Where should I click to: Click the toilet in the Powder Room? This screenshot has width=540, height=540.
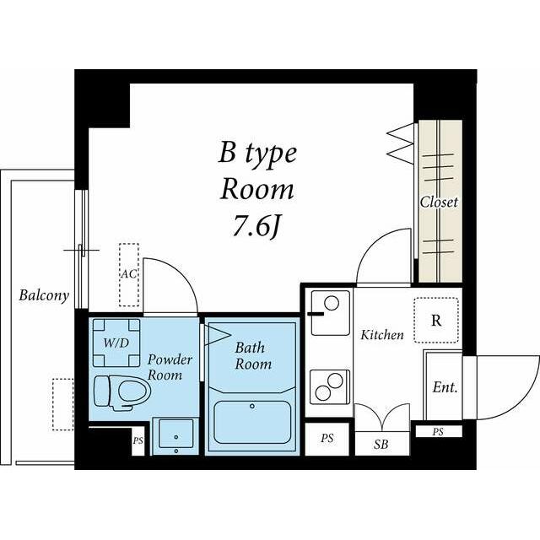pyautogui.click(x=122, y=392)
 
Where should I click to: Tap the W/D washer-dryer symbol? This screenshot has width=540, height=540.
pyautogui.click(x=116, y=343)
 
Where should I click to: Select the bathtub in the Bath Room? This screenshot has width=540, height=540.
pyautogui.click(x=252, y=422)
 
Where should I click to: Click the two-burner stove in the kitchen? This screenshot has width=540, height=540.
pyautogui.click(x=330, y=386)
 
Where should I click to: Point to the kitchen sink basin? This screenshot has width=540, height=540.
pyautogui.click(x=330, y=313)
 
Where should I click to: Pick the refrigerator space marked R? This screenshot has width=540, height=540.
pyautogui.click(x=436, y=321)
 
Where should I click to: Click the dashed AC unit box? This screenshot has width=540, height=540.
pyautogui.click(x=129, y=275)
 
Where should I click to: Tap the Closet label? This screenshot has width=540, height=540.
pyautogui.click(x=439, y=202)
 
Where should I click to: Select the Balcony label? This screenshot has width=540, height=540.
pyautogui.click(x=44, y=295)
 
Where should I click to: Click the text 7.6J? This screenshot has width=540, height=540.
pyautogui.click(x=256, y=226)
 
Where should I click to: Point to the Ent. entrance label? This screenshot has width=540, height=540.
pyautogui.click(x=445, y=387)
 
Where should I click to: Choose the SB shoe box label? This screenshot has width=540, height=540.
pyautogui.click(x=381, y=445)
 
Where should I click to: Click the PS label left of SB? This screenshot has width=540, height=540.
pyautogui.click(x=327, y=439)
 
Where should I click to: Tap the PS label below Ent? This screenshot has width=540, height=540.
pyautogui.click(x=438, y=431)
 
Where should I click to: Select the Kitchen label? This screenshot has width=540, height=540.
pyautogui.click(x=382, y=335)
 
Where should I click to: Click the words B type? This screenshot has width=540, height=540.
pyautogui.click(x=257, y=154)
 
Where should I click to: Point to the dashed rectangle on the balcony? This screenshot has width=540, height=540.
pyautogui.click(x=63, y=404)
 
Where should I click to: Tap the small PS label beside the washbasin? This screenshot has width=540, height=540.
pyautogui.click(x=138, y=440)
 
